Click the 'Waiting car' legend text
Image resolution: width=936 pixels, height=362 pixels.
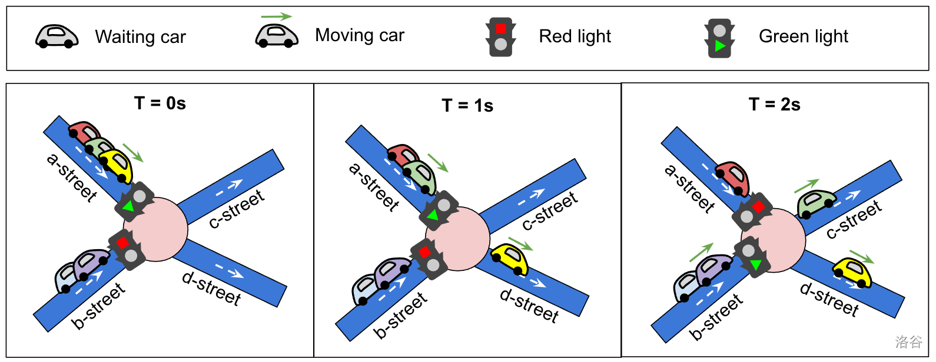point(140,37)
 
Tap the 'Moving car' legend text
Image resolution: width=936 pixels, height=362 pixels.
point(360,35)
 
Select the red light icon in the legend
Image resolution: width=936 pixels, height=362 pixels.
point(500,36)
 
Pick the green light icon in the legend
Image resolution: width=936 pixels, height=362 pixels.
point(719,38)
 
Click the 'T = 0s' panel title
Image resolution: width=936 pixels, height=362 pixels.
point(160,103)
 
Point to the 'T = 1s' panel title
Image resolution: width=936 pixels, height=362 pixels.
point(467,106)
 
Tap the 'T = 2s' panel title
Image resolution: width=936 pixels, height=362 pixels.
point(774,105)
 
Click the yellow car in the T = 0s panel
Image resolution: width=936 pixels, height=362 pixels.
point(117,166)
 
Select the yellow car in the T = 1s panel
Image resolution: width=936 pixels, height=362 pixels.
point(510,259)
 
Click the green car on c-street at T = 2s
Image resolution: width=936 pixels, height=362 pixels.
point(816,203)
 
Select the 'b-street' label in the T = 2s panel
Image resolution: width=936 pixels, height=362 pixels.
point(716,317)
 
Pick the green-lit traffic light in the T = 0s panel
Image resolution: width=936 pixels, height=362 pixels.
point(134,201)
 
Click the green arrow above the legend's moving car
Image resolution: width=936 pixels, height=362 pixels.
point(276,16)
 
